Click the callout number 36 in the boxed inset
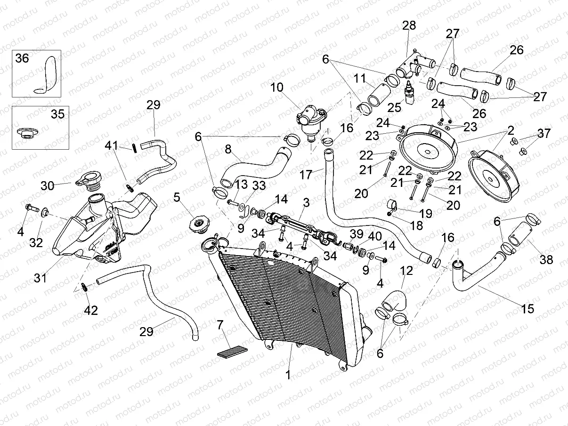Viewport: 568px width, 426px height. pos(22,58)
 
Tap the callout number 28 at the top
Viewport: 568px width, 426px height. pos(409,25)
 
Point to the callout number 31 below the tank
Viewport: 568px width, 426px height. pos(40,278)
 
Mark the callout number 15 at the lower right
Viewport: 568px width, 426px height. pos(528,309)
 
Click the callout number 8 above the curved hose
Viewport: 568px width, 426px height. pos(228,150)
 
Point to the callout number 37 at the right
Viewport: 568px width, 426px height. pos(544,134)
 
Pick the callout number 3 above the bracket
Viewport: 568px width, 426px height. pos(306,203)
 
